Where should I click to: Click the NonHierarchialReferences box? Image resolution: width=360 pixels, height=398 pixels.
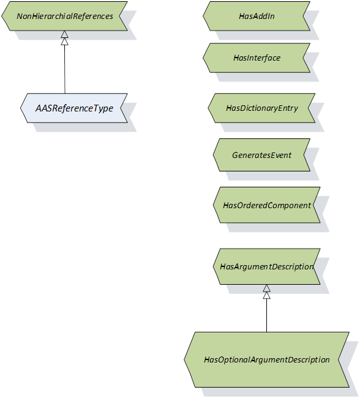coord(64,16)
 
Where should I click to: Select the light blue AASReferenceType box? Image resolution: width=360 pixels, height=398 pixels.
coord(74,108)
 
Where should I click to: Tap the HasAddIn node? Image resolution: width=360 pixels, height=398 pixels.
coord(257,16)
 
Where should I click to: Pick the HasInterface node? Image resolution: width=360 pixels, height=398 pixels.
coord(257,58)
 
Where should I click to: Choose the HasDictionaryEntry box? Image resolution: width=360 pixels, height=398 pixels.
coord(261,108)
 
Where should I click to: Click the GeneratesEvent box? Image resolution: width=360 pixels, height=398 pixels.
coord(261,155)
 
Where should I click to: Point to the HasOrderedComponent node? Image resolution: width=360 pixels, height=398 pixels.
coord(266,205)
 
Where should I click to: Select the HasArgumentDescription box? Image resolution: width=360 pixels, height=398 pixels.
coord(266,266)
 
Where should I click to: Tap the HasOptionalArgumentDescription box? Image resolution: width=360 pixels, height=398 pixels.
coord(266,359)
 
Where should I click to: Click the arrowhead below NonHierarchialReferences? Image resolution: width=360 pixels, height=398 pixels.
coord(64,37)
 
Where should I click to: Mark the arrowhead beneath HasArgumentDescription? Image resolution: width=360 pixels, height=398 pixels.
coord(266,291)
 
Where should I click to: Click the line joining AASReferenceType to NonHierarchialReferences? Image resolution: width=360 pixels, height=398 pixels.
coord(65,69)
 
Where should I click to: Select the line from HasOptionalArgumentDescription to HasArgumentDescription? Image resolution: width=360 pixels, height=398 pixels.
coord(266,315)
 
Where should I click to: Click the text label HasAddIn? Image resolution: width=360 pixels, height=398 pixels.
coord(257,17)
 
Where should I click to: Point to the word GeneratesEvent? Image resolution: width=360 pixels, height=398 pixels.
coord(262,155)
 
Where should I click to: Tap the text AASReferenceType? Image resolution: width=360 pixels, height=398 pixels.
coord(74,108)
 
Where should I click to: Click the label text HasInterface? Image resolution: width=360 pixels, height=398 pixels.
coord(257,58)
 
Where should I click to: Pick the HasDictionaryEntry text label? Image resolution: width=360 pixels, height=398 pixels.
coord(262,108)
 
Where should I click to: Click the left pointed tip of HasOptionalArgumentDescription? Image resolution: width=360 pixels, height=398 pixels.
coord(184,359)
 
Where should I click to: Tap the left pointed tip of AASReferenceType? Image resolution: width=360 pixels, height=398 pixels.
coord(21,108)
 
